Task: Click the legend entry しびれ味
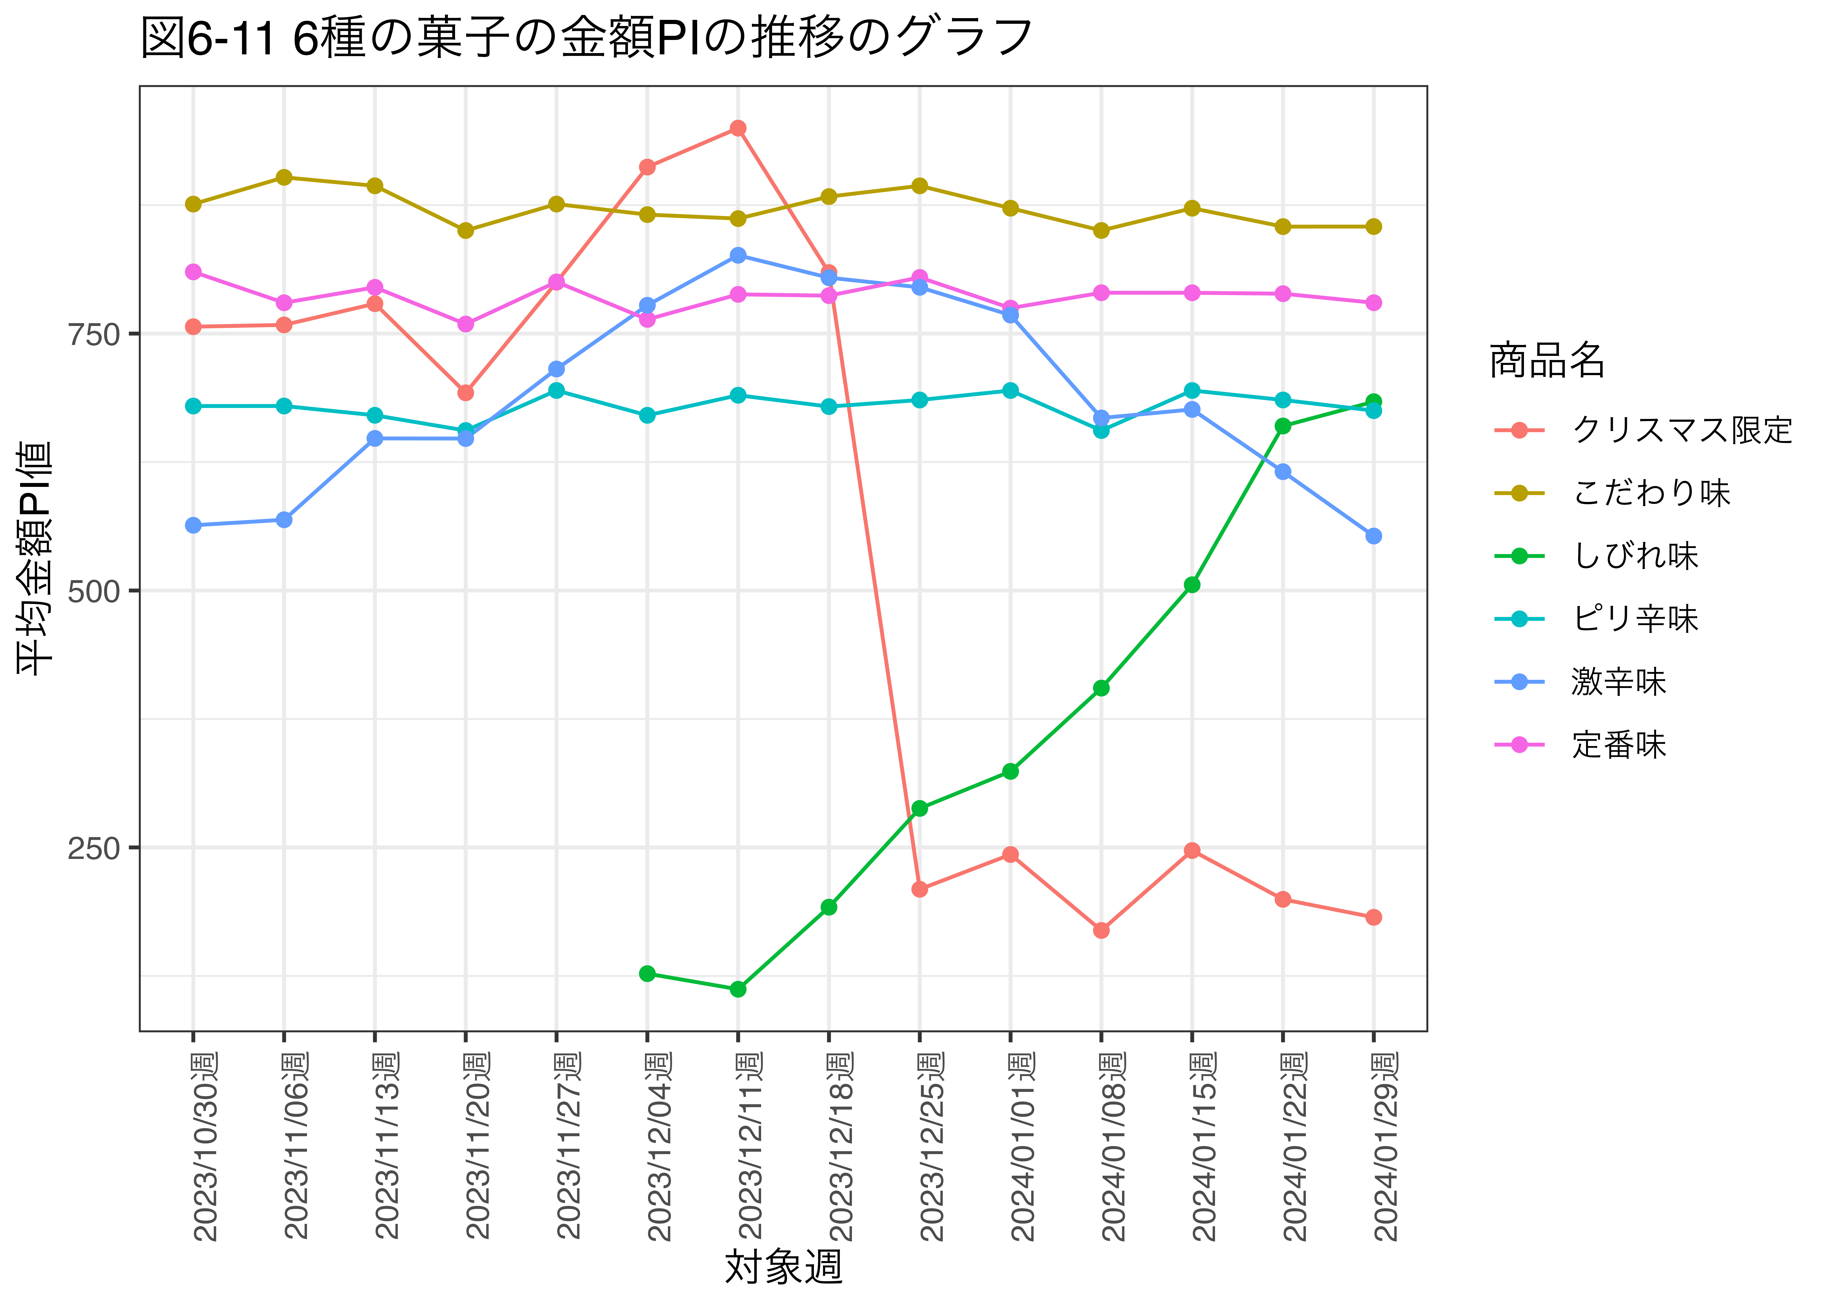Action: [1636, 556]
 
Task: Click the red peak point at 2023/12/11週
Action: [737, 128]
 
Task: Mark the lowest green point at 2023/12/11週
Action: [737, 989]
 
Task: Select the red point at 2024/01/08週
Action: [1101, 930]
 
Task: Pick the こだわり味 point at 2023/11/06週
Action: [284, 178]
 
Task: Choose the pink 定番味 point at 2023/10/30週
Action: [193, 272]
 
